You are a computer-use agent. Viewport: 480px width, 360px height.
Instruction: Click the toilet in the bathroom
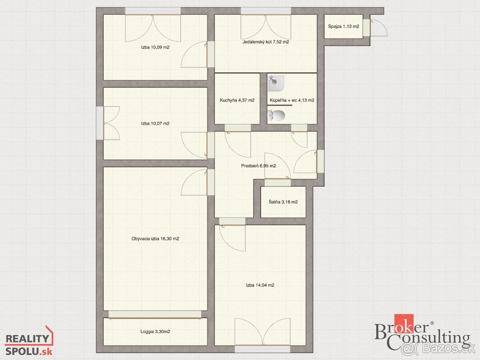pyautogui.click(x=276, y=115)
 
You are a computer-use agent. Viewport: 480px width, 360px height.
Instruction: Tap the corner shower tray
pyautogui.click(x=276, y=83)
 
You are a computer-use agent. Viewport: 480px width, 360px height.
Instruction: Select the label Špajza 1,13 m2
pyautogui.click(x=344, y=26)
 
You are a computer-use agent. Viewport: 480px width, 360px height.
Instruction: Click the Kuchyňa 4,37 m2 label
pyautogui.click(x=237, y=100)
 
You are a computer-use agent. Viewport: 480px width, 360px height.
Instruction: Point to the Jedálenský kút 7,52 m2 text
pyautogui.click(x=266, y=42)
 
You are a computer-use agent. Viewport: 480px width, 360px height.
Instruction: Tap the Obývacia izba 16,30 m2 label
pyautogui.click(x=155, y=239)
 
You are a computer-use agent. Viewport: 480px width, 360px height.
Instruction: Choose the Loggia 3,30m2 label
pyautogui.click(x=155, y=332)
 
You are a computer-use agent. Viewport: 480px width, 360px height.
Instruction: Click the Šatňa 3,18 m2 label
pyautogui.click(x=283, y=202)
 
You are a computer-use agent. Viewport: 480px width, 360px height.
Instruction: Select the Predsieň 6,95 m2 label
pyautogui.click(x=258, y=166)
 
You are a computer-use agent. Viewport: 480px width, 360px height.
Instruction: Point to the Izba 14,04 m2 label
pyautogui.click(x=260, y=285)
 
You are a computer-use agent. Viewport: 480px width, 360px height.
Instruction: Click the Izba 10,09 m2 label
pyautogui.click(x=155, y=47)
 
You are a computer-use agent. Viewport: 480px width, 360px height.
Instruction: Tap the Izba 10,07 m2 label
pyautogui.click(x=155, y=124)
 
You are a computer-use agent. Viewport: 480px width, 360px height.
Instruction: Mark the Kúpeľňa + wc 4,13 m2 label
pyautogui.click(x=292, y=100)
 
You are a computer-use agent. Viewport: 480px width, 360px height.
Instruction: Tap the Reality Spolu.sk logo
pyautogui.click(x=29, y=342)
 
